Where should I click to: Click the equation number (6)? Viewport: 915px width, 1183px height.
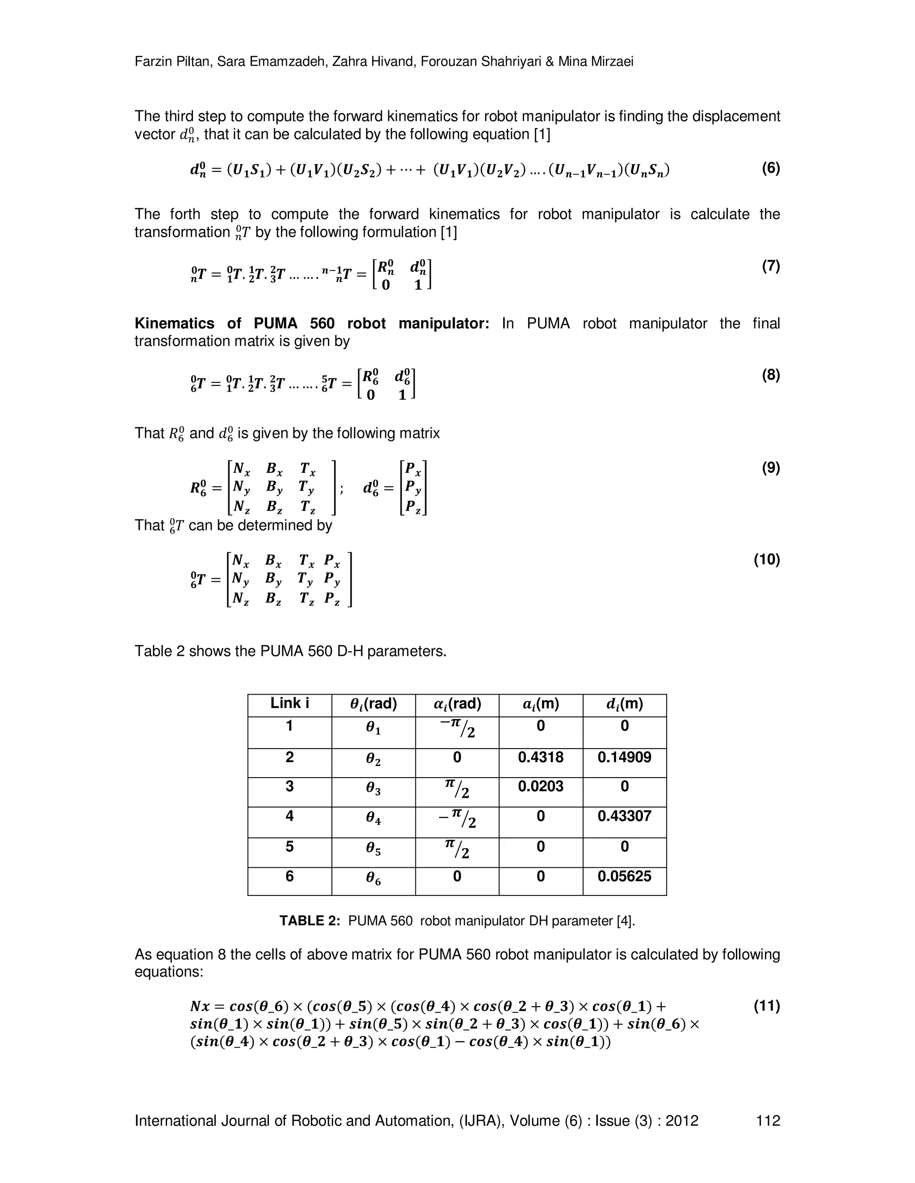click(x=770, y=168)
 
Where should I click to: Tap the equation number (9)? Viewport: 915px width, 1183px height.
click(x=770, y=467)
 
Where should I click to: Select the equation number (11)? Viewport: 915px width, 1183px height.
click(x=767, y=1006)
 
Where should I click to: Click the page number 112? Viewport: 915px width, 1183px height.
click(x=768, y=1120)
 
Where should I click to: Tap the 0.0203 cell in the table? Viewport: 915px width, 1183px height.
click(x=541, y=786)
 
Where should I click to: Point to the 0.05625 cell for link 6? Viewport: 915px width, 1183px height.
click(x=625, y=876)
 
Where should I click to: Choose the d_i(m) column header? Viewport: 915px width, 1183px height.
click(x=625, y=704)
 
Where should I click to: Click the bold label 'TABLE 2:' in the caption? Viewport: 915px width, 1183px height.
click(x=310, y=921)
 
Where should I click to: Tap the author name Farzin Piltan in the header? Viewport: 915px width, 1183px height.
click(x=173, y=62)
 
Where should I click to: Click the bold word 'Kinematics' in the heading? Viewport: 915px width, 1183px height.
click(x=174, y=323)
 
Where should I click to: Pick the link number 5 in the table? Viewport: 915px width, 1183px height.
click(x=290, y=846)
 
